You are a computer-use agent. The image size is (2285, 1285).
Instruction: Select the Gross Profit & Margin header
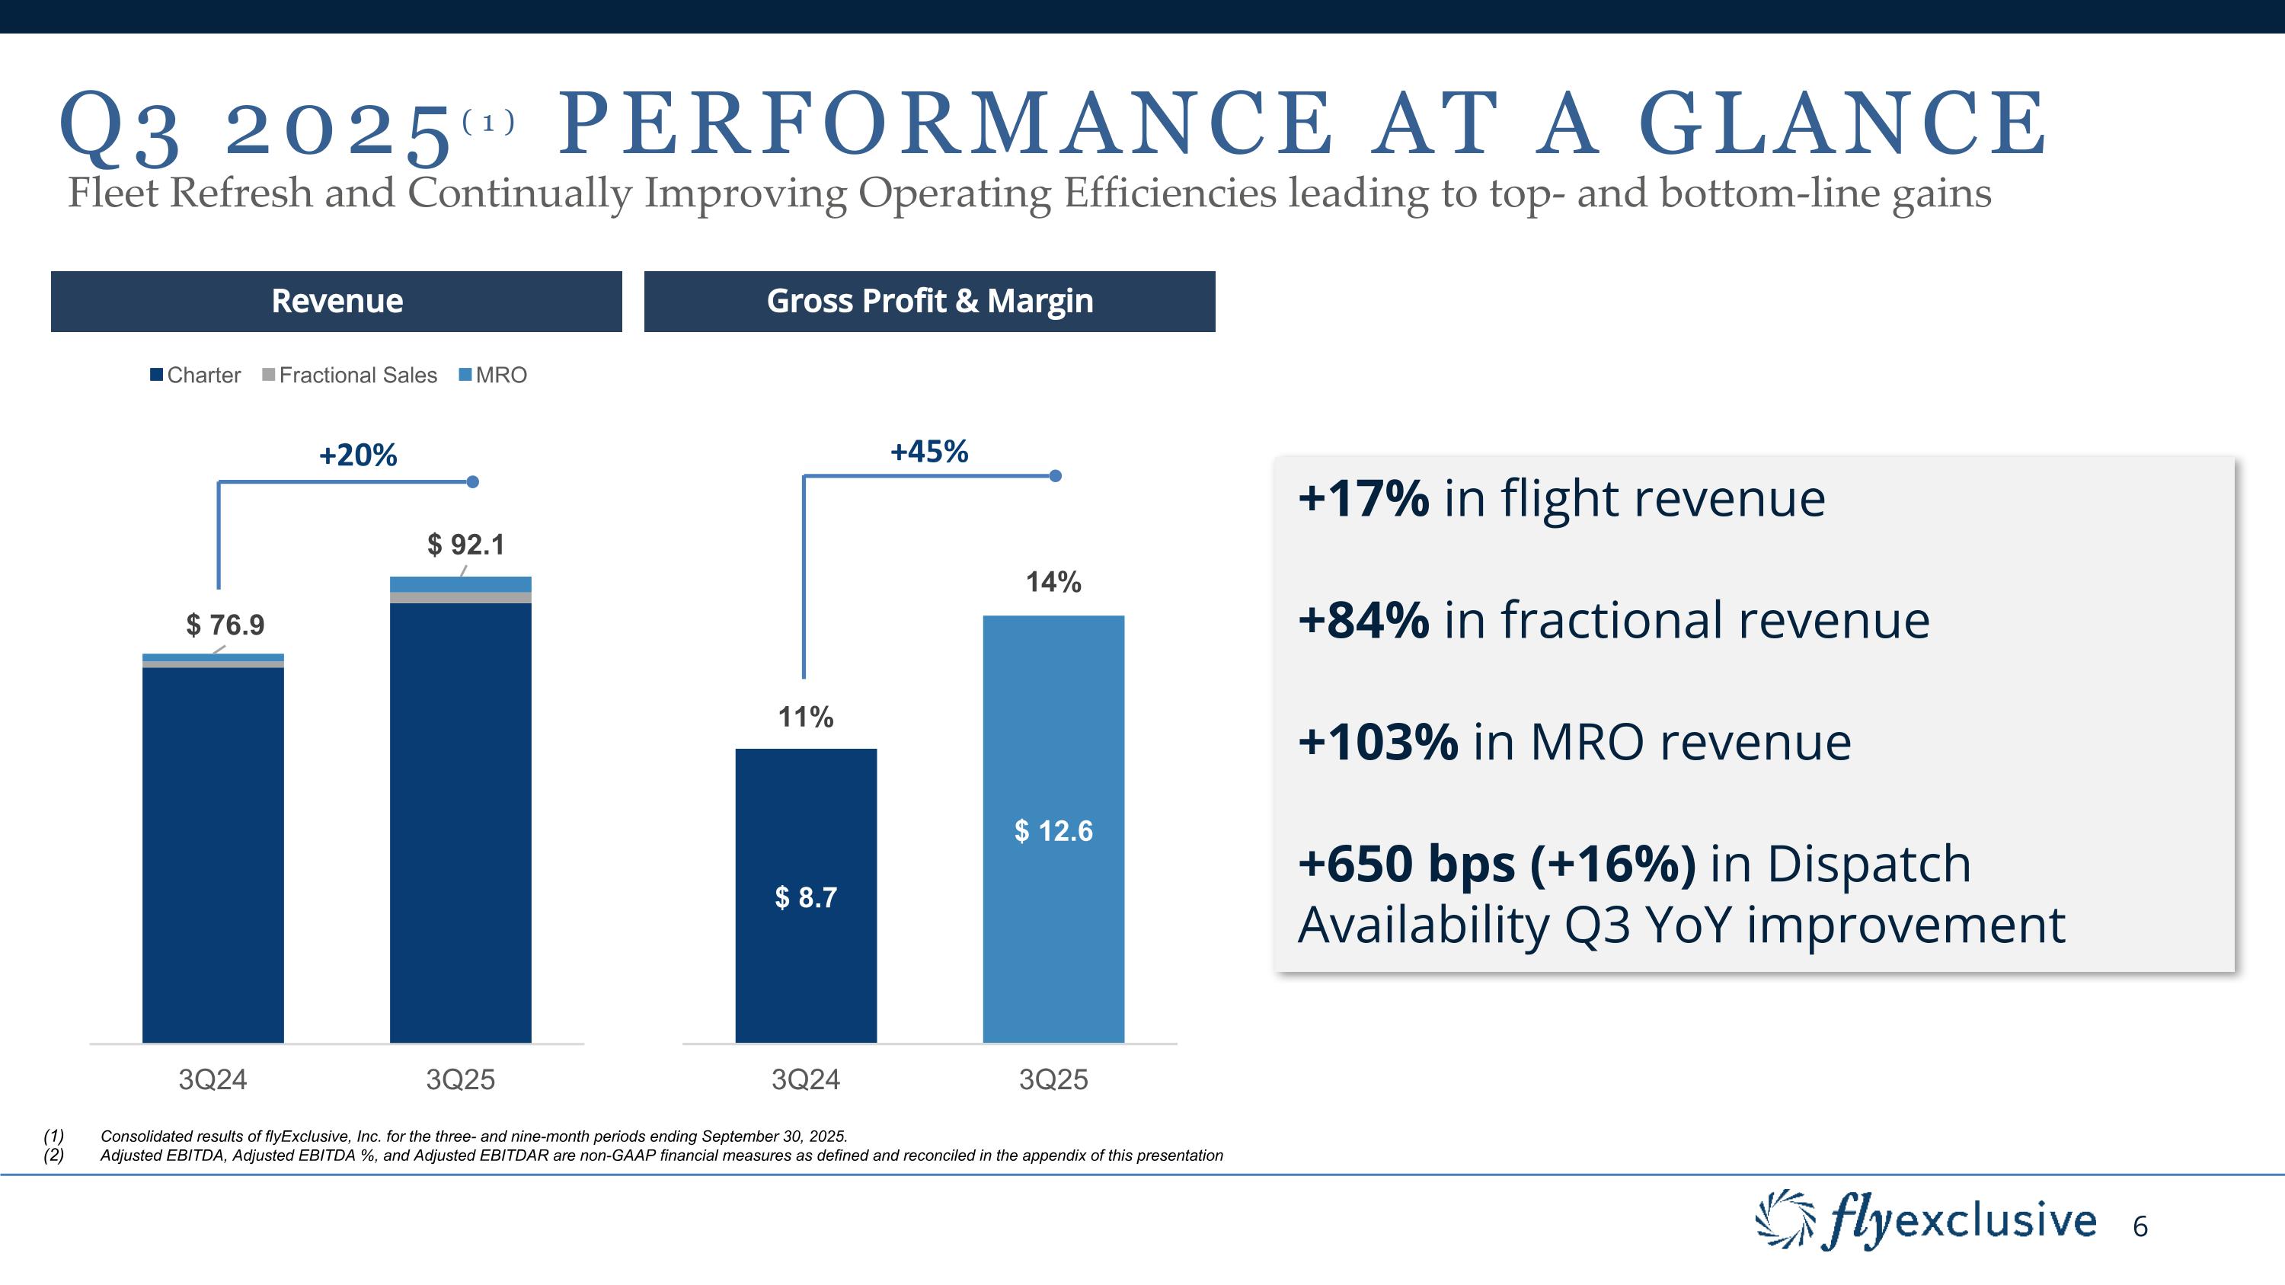[928, 302]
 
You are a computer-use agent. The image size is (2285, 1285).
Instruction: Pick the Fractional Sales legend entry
[350, 375]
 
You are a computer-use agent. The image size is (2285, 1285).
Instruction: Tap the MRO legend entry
[494, 375]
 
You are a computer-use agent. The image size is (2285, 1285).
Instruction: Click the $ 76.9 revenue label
[225, 625]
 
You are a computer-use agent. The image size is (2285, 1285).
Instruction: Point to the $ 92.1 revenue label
[465, 545]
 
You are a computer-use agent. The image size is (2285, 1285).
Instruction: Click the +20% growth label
[357, 455]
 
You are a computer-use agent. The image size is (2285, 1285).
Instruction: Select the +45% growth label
[928, 452]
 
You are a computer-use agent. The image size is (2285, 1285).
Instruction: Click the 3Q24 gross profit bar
[805, 896]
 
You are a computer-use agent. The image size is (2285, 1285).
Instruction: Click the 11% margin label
[805, 717]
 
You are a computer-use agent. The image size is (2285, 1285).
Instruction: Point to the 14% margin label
[1053, 582]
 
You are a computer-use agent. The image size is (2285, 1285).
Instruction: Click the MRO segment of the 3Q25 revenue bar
[460, 584]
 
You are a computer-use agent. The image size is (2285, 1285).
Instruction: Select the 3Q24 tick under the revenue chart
[213, 1079]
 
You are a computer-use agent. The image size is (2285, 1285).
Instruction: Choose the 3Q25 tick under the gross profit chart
[1053, 1079]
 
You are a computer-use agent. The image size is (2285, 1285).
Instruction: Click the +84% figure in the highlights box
[1363, 619]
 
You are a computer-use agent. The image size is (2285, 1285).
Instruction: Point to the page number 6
[2140, 1226]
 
